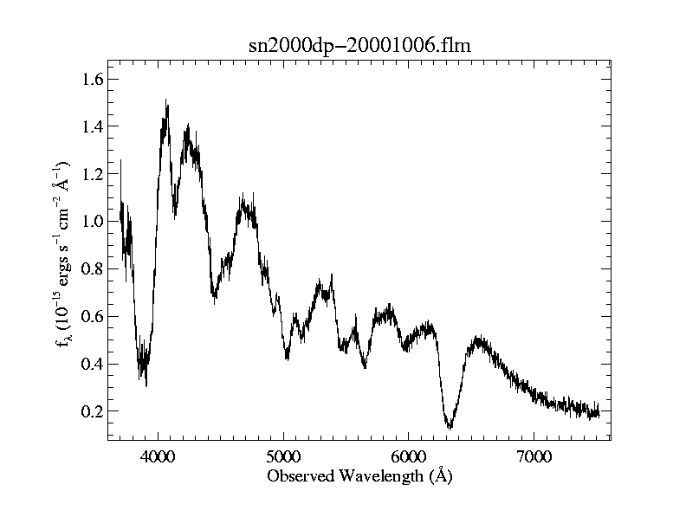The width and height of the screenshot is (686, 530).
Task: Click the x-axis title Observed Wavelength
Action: [x=359, y=476]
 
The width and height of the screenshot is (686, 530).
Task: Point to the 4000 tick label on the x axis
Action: [x=157, y=456]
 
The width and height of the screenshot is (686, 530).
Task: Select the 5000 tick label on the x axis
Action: [x=283, y=456]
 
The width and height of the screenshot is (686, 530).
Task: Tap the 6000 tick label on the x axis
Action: [x=409, y=456]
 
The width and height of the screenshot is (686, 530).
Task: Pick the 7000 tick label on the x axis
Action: [x=534, y=456]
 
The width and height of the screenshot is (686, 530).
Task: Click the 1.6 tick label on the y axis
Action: [x=93, y=80]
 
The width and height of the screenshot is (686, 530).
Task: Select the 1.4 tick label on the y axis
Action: [x=93, y=127]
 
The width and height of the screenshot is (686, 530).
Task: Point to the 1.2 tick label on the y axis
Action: [x=93, y=174]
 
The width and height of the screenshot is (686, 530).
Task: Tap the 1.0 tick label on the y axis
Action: [x=93, y=222]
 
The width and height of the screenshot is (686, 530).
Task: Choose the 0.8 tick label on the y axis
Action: [x=93, y=269]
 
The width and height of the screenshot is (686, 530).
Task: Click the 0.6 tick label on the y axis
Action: [x=93, y=317]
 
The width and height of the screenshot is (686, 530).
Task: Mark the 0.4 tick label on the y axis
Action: [x=93, y=364]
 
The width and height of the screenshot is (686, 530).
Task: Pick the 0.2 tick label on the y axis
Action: [x=93, y=411]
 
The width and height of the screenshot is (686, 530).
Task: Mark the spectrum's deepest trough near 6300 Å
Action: [x=450, y=427]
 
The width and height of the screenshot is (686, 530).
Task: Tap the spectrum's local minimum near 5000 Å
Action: [x=287, y=358]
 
